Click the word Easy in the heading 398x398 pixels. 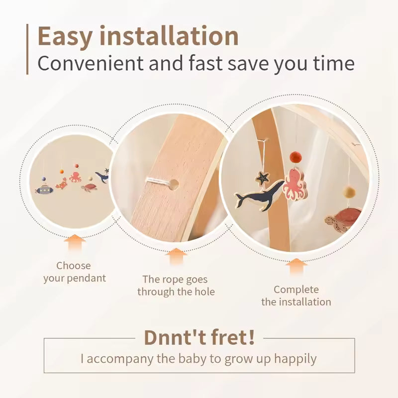[x=65, y=36]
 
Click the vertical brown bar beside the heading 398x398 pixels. [x=27, y=49]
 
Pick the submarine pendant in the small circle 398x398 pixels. [x=44, y=190]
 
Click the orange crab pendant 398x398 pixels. [x=62, y=184]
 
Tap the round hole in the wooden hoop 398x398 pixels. [x=174, y=185]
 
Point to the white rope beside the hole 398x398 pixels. [x=158, y=181]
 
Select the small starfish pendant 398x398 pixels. [x=263, y=179]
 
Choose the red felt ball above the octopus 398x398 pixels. [x=295, y=158]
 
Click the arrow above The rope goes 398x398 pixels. [x=176, y=257]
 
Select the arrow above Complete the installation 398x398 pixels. [x=296, y=267]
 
